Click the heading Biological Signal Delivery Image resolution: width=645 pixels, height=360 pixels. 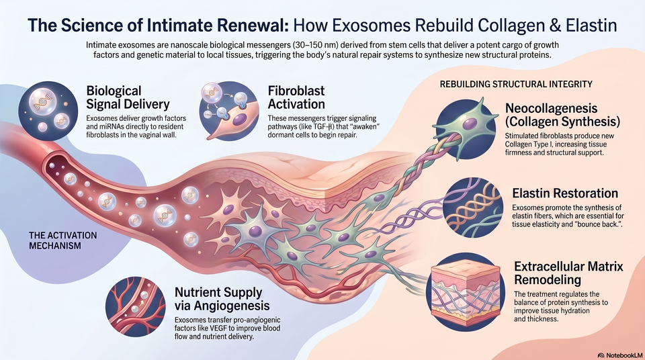tap(128, 97)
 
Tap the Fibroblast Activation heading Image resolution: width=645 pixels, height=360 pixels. tap(296, 97)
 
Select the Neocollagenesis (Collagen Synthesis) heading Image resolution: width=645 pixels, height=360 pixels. tap(562, 116)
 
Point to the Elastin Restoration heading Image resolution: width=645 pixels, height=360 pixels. tap(565, 193)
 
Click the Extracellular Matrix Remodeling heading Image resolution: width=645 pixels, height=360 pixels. tap(568, 273)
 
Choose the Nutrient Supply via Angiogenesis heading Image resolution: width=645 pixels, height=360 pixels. tap(222, 299)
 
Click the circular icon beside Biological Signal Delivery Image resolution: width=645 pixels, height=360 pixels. tap(48, 111)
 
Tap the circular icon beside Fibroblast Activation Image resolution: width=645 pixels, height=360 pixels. tap(229, 111)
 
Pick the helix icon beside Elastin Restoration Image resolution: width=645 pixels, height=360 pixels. tap(473, 208)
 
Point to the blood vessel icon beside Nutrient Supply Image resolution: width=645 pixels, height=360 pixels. tap(135, 307)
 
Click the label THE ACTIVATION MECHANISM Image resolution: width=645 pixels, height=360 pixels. tap(63, 240)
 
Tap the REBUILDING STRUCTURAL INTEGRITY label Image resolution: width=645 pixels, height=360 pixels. tap(516, 85)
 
